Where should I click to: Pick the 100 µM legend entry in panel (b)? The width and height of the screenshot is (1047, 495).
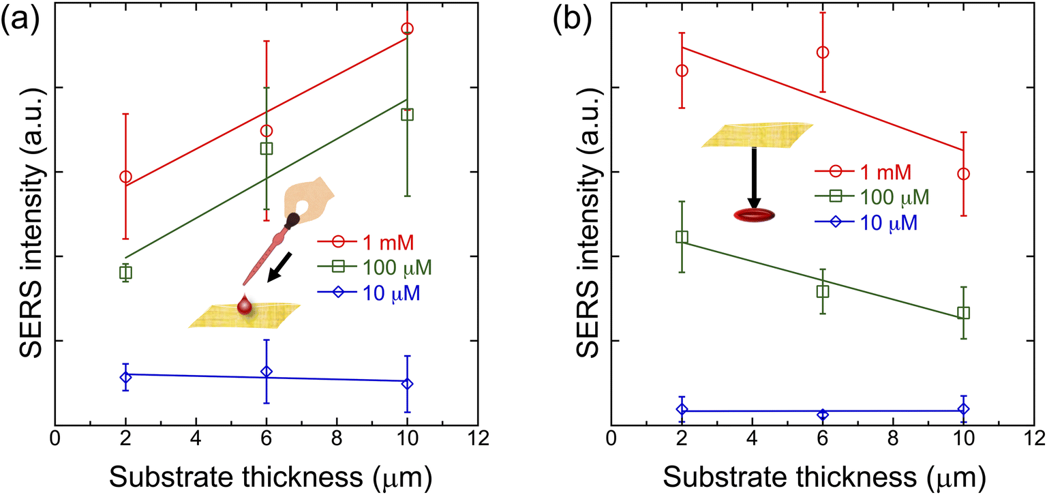pyautogui.click(x=873, y=197)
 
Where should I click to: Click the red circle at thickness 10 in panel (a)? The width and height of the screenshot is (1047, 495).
pyautogui.click(x=408, y=29)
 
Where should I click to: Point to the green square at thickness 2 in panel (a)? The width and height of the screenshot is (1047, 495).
pyautogui.click(x=125, y=273)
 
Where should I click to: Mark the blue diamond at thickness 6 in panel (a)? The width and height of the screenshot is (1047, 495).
pyautogui.click(x=267, y=372)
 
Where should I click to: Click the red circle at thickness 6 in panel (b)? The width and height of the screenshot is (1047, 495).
pyautogui.click(x=823, y=52)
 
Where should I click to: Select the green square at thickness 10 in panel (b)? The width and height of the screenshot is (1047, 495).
pyautogui.click(x=963, y=313)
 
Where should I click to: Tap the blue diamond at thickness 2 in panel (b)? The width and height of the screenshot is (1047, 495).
pyautogui.click(x=682, y=409)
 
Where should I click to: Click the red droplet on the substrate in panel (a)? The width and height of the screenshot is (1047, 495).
pyautogui.click(x=245, y=306)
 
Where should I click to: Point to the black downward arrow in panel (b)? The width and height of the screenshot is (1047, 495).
pyautogui.click(x=753, y=177)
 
